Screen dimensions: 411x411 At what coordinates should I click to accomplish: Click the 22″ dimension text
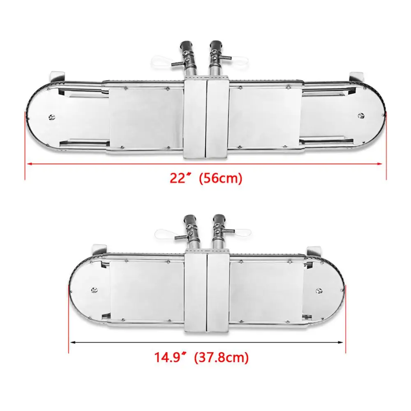[180, 178]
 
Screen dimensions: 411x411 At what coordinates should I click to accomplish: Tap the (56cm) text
[221, 178]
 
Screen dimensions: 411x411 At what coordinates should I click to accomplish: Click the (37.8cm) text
[222, 357]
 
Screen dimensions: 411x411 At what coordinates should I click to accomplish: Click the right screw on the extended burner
[361, 115]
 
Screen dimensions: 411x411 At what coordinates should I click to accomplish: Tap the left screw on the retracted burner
[95, 290]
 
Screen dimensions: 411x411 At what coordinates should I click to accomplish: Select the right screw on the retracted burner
[319, 291]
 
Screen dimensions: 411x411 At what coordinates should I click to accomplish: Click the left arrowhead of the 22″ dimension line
[30, 164]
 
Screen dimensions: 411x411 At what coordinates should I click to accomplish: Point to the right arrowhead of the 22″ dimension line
[380, 164]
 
